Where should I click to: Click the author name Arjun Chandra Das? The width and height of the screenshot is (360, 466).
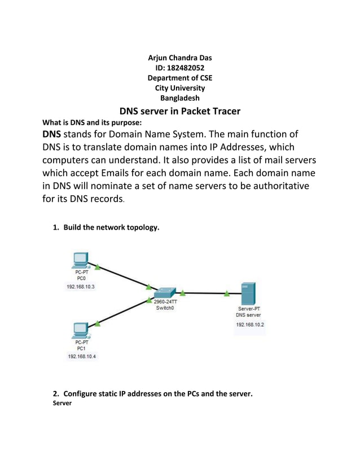[179, 58]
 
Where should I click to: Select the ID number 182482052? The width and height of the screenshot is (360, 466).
[179, 68]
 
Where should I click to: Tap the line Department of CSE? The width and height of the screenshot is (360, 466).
[179, 78]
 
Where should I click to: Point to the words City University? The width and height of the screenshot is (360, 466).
[179, 88]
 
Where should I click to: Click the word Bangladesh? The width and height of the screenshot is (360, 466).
[179, 98]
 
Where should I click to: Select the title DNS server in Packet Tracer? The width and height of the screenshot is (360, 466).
[179, 111]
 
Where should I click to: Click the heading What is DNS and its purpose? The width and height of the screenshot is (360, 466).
[89, 122]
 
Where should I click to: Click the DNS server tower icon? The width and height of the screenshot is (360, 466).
[248, 294]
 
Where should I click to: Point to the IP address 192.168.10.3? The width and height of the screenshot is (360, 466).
[81, 287]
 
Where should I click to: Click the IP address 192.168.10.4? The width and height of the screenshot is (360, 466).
[82, 357]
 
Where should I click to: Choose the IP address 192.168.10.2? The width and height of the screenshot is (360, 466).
[249, 325]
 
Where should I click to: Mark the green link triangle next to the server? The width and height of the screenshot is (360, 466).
[226, 293]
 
